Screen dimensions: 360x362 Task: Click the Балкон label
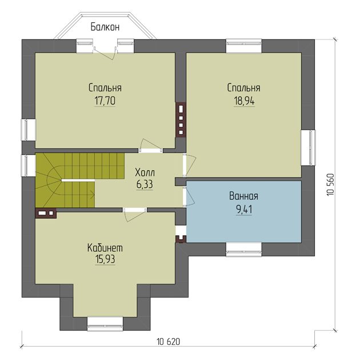[105, 27]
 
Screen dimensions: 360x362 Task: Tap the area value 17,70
[105, 100]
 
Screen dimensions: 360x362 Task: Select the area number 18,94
[244, 100]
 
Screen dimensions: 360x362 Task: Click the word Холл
[145, 172]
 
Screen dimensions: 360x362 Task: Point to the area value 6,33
[145, 184]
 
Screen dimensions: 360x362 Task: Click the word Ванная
[244, 196]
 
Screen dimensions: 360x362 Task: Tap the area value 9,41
[244, 210]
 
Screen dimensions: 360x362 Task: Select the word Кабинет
[105, 248]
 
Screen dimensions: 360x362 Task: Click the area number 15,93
[105, 259]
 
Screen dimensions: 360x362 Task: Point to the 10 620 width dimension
[168, 341]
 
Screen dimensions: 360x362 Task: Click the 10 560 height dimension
[330, 184]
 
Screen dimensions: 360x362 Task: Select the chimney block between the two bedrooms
[181, 120]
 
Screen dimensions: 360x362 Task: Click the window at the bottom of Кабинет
[105, 324]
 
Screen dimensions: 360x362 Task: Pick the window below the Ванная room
[244, 250]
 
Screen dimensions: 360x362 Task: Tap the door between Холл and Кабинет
[135, 215]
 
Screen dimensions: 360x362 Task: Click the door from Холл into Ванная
[189, 196]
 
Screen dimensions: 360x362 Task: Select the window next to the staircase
[29, 166]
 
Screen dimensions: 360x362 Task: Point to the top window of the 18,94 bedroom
[244, 46]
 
